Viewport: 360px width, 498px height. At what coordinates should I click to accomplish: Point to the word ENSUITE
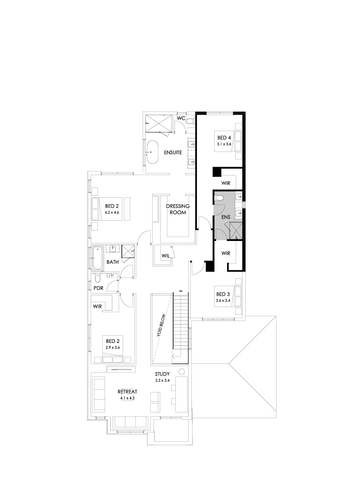(x=173, y=152)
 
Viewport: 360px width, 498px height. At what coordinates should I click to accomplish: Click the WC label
(x=181, y=118)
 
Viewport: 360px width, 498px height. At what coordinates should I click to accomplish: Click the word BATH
(x=112, y=263)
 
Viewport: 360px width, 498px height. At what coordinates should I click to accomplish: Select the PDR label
(x=98, y=288)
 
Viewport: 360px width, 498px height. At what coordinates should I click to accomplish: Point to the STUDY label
(x=163, y=374)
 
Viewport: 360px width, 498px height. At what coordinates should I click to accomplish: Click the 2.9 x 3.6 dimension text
(x=113, y=347)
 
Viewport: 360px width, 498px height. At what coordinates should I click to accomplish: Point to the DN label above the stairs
(x=181, y=290)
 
